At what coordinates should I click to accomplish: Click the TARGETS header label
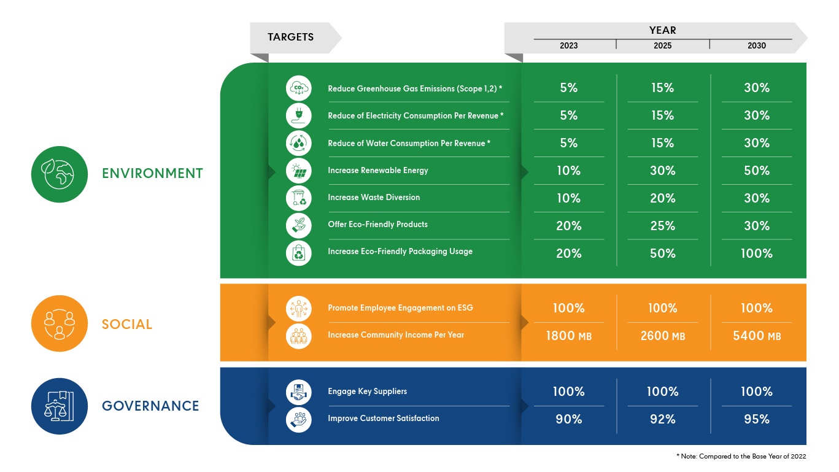coord(290,37)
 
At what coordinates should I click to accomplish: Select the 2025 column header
coord(663,45)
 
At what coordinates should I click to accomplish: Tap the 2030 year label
coord(757,45)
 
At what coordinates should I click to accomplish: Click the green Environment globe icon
coord(60,174)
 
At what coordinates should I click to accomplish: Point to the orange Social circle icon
coord(60,323)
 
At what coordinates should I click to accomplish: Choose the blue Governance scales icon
coord(60,406)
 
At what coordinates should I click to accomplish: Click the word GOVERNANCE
coord(150,406)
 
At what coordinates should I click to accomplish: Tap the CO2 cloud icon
coord(298,88)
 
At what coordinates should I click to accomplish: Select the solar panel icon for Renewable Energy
coord(298,171)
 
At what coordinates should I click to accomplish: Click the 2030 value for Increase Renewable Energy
coord(757,171)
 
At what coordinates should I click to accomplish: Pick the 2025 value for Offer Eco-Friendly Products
coord(663,226)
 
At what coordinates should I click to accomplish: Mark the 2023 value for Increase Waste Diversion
coord(568,198)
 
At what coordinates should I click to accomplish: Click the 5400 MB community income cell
coord(757,336)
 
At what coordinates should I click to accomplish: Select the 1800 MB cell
coord(568,336)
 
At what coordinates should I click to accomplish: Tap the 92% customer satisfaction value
coord(663,419)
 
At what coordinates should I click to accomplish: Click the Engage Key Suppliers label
coord(367,392)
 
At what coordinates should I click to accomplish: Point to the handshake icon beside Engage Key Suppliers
coord(298,392)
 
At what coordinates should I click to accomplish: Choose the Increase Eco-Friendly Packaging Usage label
coord(400,252)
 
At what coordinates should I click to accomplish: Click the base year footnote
coord(741,456)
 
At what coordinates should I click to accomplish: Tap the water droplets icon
coord(298,143)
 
